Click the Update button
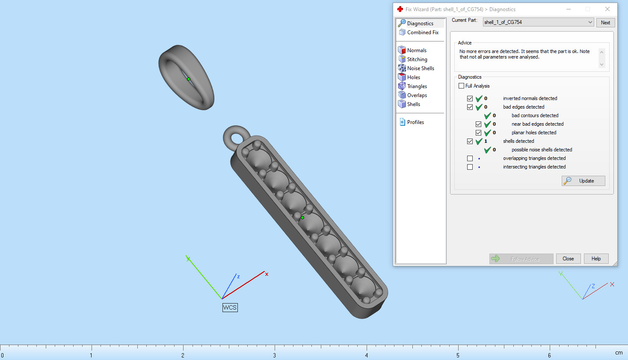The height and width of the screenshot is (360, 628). (583, 181)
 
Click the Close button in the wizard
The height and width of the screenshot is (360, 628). (568, 259)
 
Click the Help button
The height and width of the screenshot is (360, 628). (596, 259)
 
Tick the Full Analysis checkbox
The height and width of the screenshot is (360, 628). (461, 86)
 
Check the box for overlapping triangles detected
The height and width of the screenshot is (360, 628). (470, 158)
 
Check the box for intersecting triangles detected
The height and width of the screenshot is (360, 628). (470, 167)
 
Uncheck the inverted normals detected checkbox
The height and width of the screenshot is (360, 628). (470, 98)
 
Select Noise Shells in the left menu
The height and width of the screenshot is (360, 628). (420, 68)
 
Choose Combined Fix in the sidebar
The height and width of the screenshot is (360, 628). (422, 32)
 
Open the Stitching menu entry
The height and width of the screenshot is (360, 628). (417, 59)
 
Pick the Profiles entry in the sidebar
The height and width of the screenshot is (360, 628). (415, 122)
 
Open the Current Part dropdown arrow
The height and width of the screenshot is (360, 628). (590, 22)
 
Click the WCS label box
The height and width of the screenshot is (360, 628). (230, 307)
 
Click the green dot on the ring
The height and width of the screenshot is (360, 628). (188, 79)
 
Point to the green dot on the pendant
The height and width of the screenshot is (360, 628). (302, 218)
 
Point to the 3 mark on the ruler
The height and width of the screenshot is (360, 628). (275, 355)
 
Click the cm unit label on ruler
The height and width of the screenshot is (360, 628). (619, 353)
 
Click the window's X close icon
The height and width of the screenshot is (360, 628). (607, 9)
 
